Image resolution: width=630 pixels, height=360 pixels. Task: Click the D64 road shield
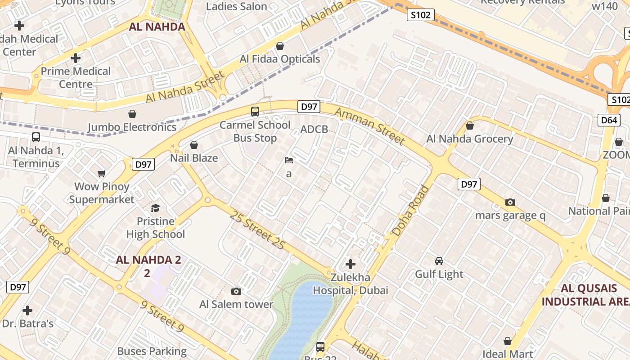pyautogui.click(x=609, y=120)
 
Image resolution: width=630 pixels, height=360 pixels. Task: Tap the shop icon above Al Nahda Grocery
pyautogui.click(x=470, y=126)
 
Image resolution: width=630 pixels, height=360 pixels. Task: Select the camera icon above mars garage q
pyautogui.click(x=510, y=202)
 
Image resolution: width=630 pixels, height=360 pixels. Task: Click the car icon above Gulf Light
pyautogui.click(x=439, y=261)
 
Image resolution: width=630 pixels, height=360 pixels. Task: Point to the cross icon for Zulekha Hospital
pyautogui.click(x=350, y=264)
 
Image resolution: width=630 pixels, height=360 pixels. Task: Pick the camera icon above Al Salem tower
pyautogui.click(x=236, y=292)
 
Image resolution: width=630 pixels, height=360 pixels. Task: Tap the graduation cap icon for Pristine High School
pyautogui.click(x=155, y=208)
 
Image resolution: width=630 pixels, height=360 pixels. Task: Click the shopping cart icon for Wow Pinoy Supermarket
pyautogui.click(x=102, y=173)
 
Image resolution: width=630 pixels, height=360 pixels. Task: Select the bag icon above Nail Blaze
pyautogui.click(x=194, y=145)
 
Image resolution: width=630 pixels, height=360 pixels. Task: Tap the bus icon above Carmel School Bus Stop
pyautogui.click(x=255, y=111)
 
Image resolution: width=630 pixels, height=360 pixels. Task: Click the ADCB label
pyautogui.click(x=314, y=130)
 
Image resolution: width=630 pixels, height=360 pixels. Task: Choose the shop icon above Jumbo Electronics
pyautogui.click(x=132, y=114)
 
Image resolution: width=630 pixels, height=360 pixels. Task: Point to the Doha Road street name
pyautogui.click(x=410, y=211)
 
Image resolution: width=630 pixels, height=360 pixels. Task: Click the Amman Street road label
pyautogui.click(x=370, y=126)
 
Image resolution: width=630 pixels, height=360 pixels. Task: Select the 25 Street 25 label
pyautogui.click(x=257, y=229)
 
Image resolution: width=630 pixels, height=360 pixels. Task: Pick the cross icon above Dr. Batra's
pyautogui.click(x=27, y=310)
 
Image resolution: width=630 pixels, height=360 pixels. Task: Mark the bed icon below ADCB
pyautogui.click(x=289, y=160)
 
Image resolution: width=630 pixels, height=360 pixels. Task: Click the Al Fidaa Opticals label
pyautogui.click(x=279, y=59)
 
